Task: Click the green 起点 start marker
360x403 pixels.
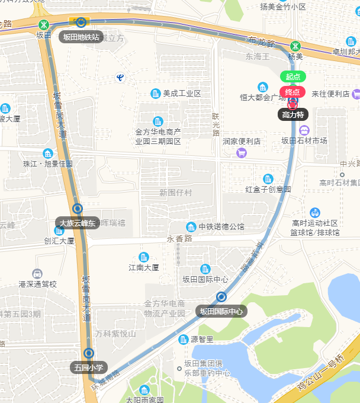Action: coord(292,76)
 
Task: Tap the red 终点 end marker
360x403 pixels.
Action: coord(292,92)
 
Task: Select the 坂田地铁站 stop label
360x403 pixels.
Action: coord(81,37)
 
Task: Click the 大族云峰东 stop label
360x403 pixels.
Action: coord(76,223)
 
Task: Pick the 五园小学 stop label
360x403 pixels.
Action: coord(88,367)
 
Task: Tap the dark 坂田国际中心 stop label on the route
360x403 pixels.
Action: coord(221,311)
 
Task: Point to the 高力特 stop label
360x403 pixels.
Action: coord(292,114)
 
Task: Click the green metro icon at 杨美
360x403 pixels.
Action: coord(295,46)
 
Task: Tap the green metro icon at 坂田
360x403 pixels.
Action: coord(43,25)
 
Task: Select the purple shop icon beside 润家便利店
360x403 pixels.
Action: coord(241,153)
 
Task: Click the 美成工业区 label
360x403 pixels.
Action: coord(182,94)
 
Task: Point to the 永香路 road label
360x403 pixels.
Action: coord(179,238)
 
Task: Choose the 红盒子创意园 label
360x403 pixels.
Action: coord(268,190)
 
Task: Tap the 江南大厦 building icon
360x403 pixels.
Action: coord(143,257)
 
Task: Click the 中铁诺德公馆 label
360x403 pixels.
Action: coord(221,226)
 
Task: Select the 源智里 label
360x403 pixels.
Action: coord(201,340)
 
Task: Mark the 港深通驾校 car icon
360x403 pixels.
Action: coord(37,274)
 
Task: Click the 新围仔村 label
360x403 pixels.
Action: coord(176,193)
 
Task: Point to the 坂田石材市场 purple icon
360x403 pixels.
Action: coord(304,130)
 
